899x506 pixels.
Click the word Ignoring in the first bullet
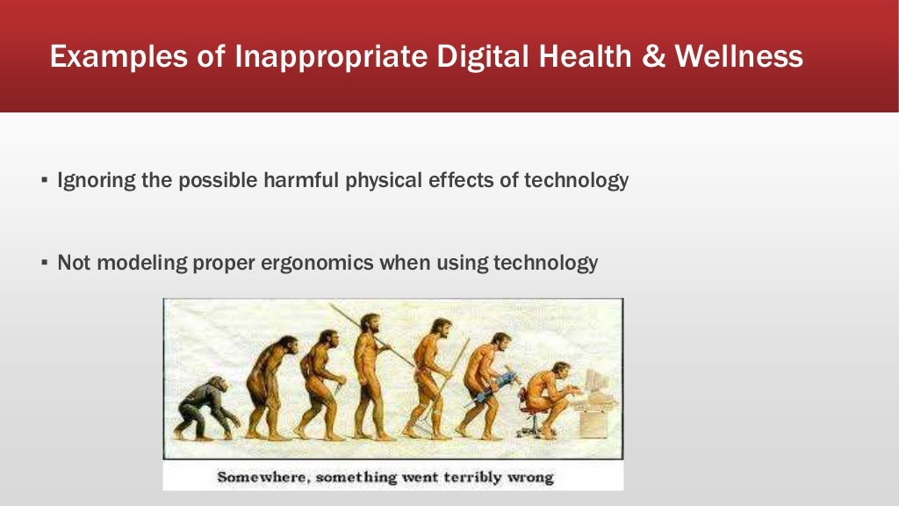(92, 181)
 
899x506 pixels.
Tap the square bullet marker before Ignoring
(44, 182)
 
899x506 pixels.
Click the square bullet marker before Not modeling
(44, 264)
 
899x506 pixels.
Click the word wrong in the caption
(531, 478)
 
